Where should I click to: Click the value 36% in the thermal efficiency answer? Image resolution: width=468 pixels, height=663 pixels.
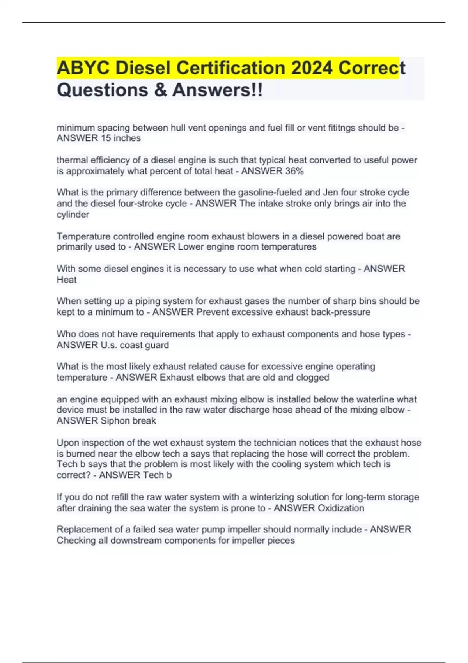point(294,171)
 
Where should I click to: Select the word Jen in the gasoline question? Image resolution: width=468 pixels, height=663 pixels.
point(330,192)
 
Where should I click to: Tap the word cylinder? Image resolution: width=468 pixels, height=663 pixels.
point(73,214)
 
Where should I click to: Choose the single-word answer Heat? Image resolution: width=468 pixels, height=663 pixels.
point(67,280)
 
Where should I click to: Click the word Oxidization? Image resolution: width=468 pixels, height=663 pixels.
point(341,508)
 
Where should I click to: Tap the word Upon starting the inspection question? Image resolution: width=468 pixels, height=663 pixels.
point(67,443)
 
